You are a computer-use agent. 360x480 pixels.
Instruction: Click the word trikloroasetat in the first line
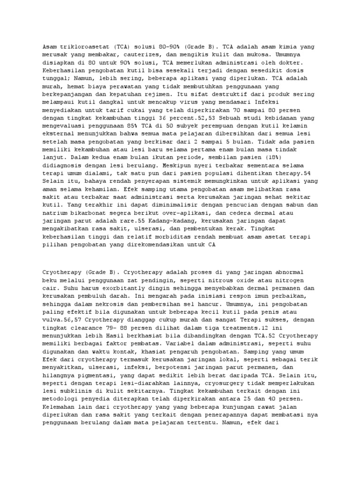[x=79, y=47]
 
